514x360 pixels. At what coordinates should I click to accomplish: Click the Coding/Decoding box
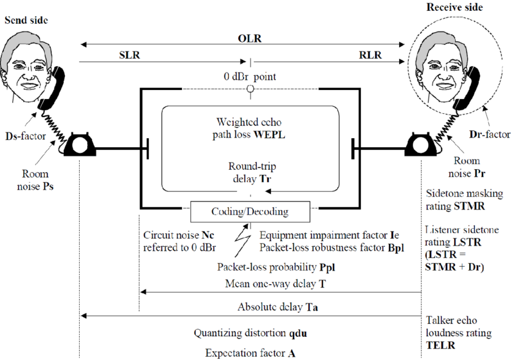point(250,212)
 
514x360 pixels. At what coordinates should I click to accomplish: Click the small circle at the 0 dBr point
point(250,90)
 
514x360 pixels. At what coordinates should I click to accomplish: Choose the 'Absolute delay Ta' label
point(278,307)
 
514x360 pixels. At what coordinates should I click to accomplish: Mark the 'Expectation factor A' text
point(250,353)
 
